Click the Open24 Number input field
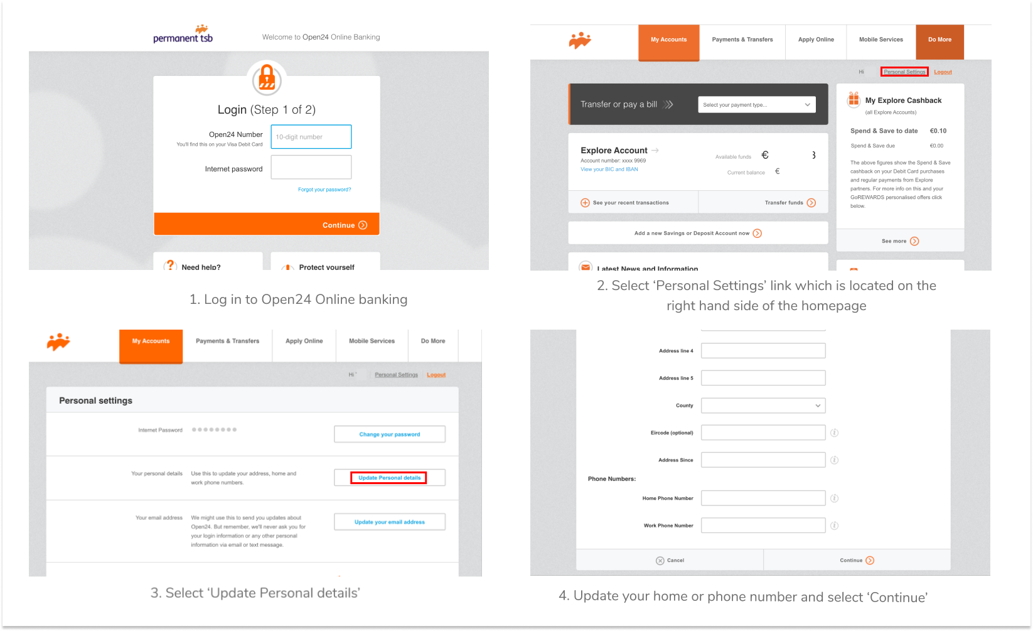click(x=311, y=137)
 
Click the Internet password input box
click(x=311, y=168)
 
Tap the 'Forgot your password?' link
click(x=324, y=190)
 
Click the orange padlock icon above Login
click(x=267, y=79)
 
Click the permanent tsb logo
click(x=183, y=35)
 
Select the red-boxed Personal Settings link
click(x=904, y=72)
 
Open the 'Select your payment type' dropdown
click(x=756, y=105)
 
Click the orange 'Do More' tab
click(x=939, y=40)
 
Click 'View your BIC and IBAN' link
click(x=609, y=170)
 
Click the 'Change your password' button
click(x=389, y=434)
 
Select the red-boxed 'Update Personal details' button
click(x=389, y=478)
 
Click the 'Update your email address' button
click(x=389, y=522)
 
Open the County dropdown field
click(x=763, y=406)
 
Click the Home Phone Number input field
click(x=763, y=499)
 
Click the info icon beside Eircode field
click(x=835, y=433)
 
